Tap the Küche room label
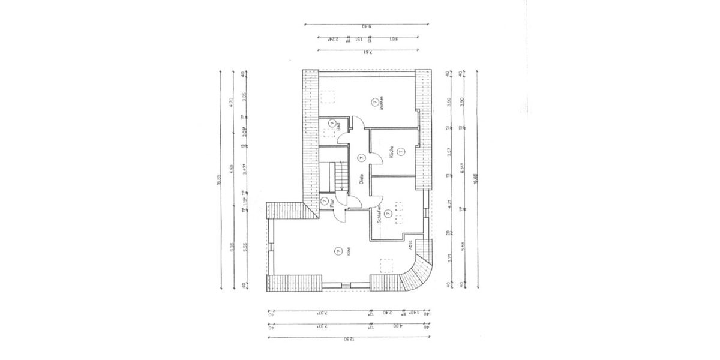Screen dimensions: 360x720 (391, 152)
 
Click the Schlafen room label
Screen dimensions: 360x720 (379, 213)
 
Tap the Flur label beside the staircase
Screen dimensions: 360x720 (332, 203)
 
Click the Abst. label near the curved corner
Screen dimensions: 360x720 (410, 244)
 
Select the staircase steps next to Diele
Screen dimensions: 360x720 (340, 175)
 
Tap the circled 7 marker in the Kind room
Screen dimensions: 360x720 (339, 250)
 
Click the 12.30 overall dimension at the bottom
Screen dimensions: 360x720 (349, 339)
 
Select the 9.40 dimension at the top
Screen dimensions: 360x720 (367, 26)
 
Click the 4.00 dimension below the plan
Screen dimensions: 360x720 (397, 327)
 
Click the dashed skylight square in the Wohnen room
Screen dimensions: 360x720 (328, 97)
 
